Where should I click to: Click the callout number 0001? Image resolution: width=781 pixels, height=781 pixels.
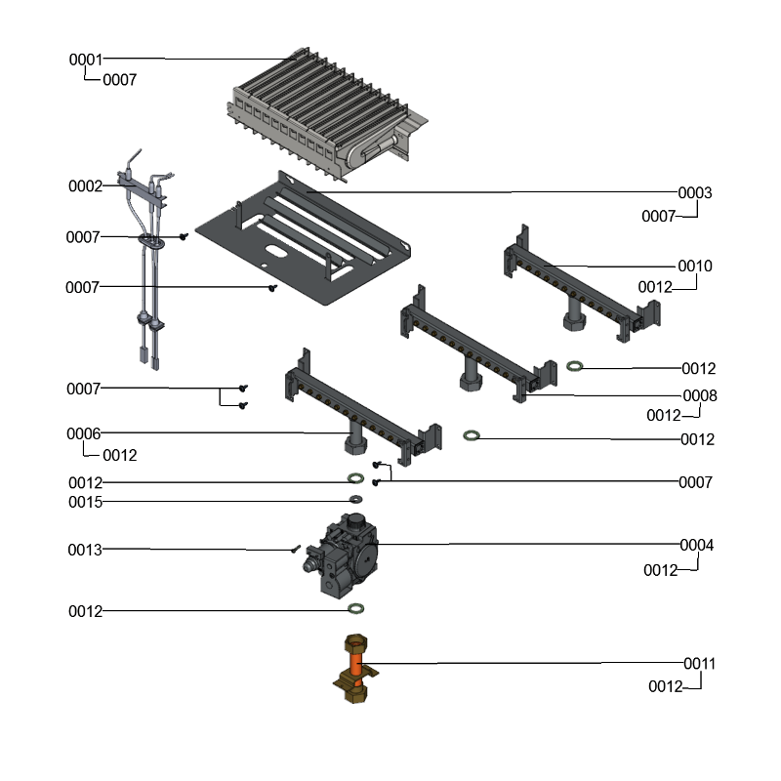[x=85, y=60]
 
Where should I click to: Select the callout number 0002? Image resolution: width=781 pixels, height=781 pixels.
[x=85, y=185]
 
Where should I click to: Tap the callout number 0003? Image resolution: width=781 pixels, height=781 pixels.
[x=695, y=193]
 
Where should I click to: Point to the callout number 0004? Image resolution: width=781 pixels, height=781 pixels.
[x=696, y=545]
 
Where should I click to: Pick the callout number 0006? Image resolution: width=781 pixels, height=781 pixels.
[x=83, y=432]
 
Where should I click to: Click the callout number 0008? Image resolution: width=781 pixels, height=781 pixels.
[x=700, y=395]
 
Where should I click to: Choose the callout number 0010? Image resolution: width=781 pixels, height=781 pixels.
[x=695, y=266]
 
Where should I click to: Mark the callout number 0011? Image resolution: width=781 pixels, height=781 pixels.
[x=699, y=664]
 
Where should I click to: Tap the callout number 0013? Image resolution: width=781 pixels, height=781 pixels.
[x=84, y=550]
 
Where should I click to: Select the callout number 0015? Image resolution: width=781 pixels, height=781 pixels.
[x=84, y=502]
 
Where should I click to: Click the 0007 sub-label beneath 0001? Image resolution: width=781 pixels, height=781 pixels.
[x=119, y=80]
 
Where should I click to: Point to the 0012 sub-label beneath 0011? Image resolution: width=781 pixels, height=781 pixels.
[x=665, y=687]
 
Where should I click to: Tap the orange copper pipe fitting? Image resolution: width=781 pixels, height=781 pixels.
[x=356, y=670]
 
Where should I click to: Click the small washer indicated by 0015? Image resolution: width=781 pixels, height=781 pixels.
[x=355, y=500]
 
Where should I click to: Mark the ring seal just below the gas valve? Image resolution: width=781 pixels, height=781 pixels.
[x=356, y=610]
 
